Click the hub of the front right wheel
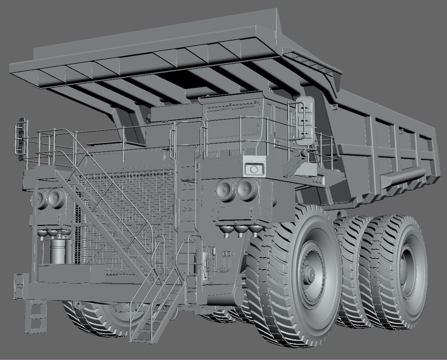click(309, 274)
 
